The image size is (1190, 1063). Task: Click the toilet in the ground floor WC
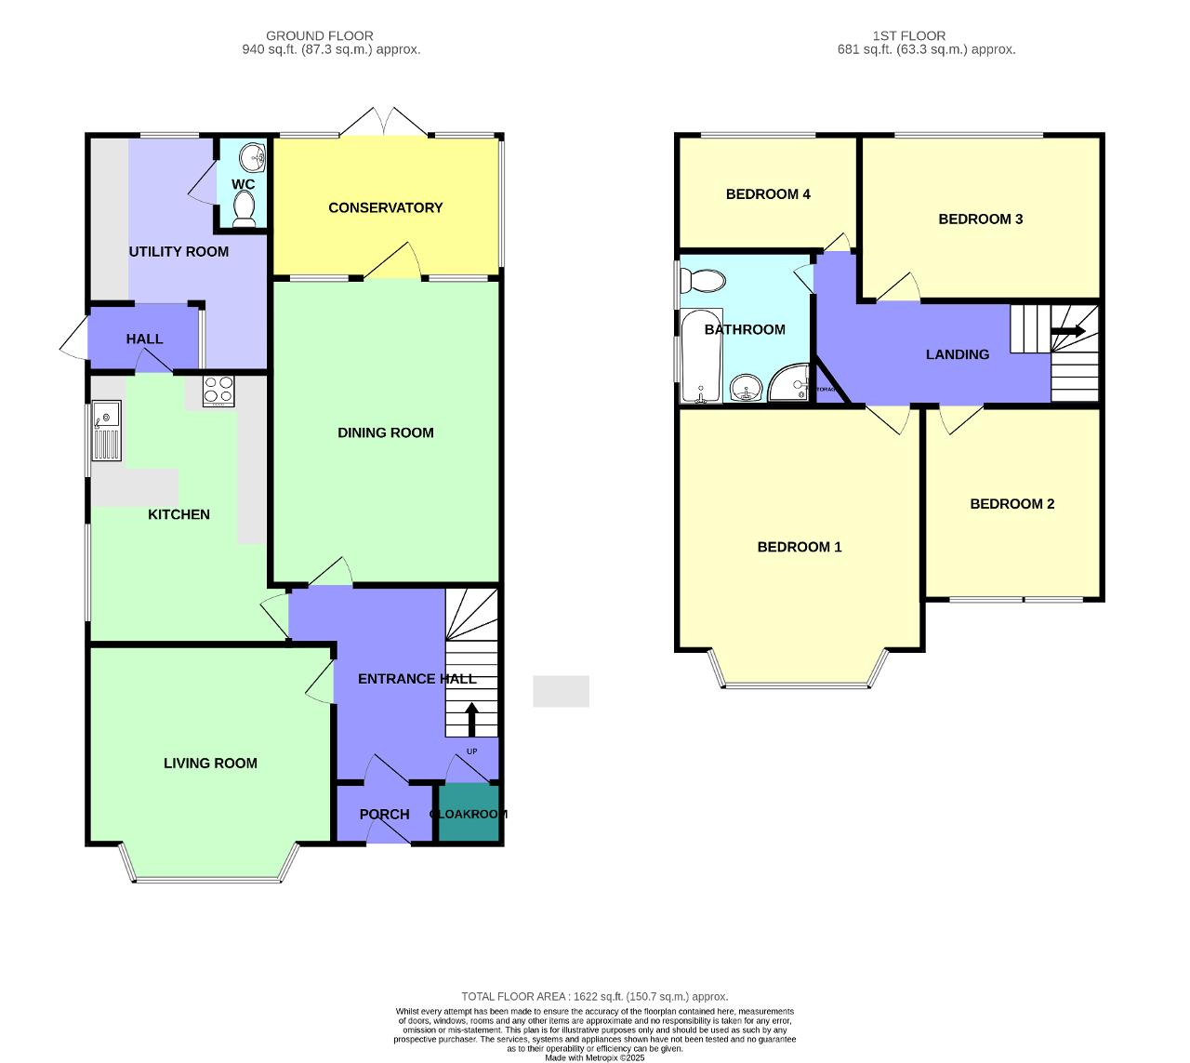pos(245,209)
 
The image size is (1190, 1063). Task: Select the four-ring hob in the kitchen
pos(219,391)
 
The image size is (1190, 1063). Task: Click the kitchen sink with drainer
pos(106,430)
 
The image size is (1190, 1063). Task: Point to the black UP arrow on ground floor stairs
pos(471,718)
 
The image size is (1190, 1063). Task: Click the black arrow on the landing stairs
pos(1068,331)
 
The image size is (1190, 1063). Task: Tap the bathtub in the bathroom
pos(701,357)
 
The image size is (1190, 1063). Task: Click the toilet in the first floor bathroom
pos(703,280)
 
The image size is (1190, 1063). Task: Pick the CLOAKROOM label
pos(469,814)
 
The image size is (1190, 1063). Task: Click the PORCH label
pos(384,814)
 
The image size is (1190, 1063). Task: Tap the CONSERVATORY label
pos(385,207)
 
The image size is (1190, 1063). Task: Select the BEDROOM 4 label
pos(768,193)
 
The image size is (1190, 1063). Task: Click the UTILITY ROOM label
pos(178,251)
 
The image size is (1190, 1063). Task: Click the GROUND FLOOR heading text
pos(319,35)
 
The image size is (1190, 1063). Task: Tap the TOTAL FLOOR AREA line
pos(595,996)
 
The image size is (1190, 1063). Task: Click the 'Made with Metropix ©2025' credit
pos(594,1057)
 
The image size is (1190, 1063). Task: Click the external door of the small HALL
pos(74,339)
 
